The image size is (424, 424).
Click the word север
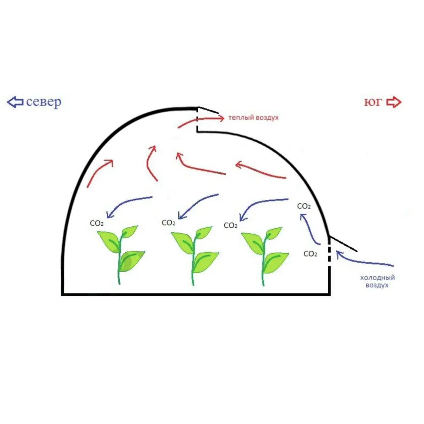[x=43, y=102]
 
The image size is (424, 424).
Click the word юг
[x=373, y=102]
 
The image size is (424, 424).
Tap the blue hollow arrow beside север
[x=15, y=102]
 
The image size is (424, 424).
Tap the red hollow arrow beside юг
[x=394, y=102]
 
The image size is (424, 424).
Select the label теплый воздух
[x=253, y=117]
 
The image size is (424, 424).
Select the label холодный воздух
[x=377, y=281]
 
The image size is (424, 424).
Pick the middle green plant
[x=194, y=254]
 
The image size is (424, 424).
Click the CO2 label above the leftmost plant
[x=97, y=223]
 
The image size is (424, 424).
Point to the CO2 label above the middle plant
[x=169, y=223]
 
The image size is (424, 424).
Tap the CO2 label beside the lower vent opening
[x=310, y=254]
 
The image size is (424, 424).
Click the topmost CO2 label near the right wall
[x=304, y=206]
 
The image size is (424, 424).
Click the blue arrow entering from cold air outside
[x=364, y=261]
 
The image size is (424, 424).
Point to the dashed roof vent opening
[x=197, y=119]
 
